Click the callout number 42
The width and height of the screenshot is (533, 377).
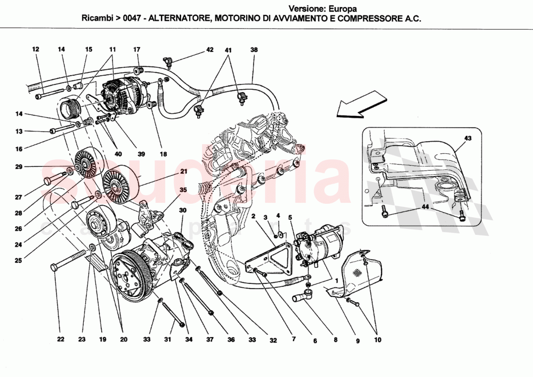click(x=209, y=49)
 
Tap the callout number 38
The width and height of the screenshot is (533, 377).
click(x=254, y=49)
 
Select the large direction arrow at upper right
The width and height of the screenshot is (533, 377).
click(x=362, y=106)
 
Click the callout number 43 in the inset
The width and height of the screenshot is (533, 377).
click(x=467, y=138)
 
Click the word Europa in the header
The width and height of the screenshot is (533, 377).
click(x=342, y=9)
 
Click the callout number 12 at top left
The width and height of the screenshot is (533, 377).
click(x=35, y=49)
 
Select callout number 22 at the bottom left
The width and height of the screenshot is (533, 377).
click(x=61, y=340)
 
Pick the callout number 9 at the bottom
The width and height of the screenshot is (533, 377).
click(x=358, y=341)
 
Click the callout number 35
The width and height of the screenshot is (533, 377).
click(x=183, y=190)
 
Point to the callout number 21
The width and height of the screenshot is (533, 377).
click(x=184, y=171)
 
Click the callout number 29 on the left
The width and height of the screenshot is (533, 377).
click(x=18, y=167)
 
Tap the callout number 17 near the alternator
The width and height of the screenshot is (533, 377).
click(x=137, y=49)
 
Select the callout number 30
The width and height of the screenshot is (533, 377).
click(x=182, y=210)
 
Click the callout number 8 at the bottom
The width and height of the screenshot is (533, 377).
click(x=336, y=341)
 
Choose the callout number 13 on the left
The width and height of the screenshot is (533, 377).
click(x=19, y=131)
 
